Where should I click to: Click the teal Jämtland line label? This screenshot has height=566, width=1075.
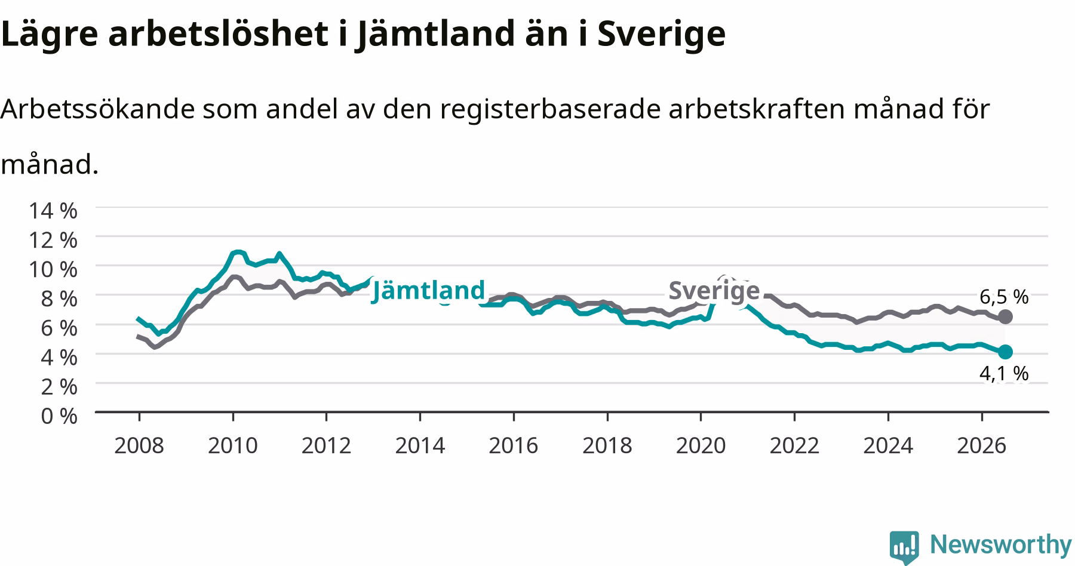coord(428,291)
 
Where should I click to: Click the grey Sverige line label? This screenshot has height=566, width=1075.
coord(714,291)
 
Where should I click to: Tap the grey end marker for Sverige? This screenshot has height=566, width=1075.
coord(1005,316)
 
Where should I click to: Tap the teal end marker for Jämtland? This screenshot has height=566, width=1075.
coord(1005,352)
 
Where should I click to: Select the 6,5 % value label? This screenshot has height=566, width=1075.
coord(1004,296)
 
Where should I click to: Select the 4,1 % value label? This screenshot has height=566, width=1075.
coord(1004,373)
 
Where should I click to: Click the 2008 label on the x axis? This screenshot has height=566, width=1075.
coord(139,445)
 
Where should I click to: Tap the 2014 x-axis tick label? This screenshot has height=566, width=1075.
coord(420,445)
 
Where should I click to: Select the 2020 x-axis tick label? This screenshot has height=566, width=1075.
coord(701,445)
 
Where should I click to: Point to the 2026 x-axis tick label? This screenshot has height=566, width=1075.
coord(982,445)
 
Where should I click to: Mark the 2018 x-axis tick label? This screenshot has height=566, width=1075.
coord(607,445)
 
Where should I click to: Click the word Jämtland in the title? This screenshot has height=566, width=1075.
coord(434,34)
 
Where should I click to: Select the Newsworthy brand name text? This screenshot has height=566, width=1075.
coord(1001,545)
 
